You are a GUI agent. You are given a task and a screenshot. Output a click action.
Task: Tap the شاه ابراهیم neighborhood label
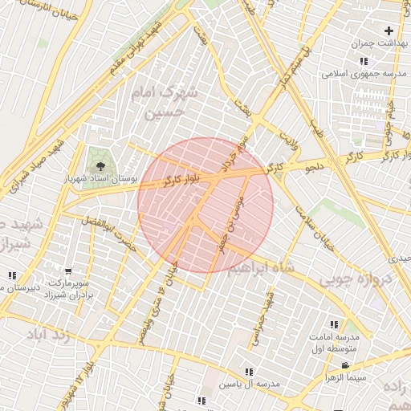262,268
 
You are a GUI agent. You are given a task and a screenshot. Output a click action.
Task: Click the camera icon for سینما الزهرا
345,366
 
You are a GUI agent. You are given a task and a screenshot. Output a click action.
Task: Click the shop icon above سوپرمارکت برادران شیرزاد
68,272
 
